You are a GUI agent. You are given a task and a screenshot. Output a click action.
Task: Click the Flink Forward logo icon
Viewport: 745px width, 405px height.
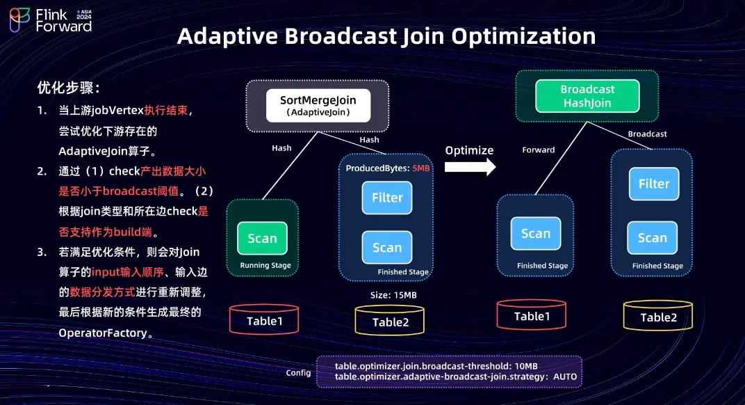pyautogui.click(x=19, y=21)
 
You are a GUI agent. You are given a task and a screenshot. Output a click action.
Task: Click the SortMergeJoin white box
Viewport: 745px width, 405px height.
pyautogui.click(x=317, y=105)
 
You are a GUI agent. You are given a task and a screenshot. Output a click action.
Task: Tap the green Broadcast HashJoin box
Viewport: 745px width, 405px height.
pyautogui.click(x=587, y=96)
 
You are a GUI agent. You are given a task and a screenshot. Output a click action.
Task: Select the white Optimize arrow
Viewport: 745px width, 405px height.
pyautogui.click(x=470, y=166)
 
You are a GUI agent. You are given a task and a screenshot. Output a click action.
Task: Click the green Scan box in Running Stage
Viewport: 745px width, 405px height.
pyautogui.click(x=262, y=238)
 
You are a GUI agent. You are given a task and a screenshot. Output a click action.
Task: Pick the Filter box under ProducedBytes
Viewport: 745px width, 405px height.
pyautogui.click(x=386, y=198)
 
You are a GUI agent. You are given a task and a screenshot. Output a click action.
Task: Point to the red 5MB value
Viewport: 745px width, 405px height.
pyautogui.click(x=420, y=168)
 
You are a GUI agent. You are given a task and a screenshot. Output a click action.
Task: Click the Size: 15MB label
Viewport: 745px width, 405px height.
pyautogui.click(x=393, y=295)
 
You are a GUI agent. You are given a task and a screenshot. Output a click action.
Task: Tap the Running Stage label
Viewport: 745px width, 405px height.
pyautogui.click(x=265, y=265)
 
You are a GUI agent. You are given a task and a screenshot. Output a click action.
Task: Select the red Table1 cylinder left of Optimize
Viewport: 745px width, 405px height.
pyautogui.click(x=264, y=320)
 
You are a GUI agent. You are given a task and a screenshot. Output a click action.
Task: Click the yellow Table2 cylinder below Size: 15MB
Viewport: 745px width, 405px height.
pyautogui.click(x=390, y=321)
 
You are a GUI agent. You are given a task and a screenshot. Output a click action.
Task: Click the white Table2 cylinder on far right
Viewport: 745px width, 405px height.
pyautogui.click(x=657, y=317)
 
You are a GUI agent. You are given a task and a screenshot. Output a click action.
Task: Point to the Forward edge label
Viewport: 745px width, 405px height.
pyautogui.click(x=538, y=150)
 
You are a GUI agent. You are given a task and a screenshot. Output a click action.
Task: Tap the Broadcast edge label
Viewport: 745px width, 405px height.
pyautogui.click(x=647, y=134)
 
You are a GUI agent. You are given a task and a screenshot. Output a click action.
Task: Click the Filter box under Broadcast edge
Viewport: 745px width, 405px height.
pyautogui.click(x=653, y=184)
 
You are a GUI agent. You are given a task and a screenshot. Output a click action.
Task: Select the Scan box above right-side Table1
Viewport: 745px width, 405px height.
pyautogui.click(x=535, y=234)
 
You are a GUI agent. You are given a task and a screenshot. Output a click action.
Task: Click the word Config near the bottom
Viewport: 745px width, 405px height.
pyautogui.click(x=298, y=373)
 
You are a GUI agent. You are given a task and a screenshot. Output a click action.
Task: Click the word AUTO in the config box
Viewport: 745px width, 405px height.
pyautogui.click(x=564, y=377)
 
